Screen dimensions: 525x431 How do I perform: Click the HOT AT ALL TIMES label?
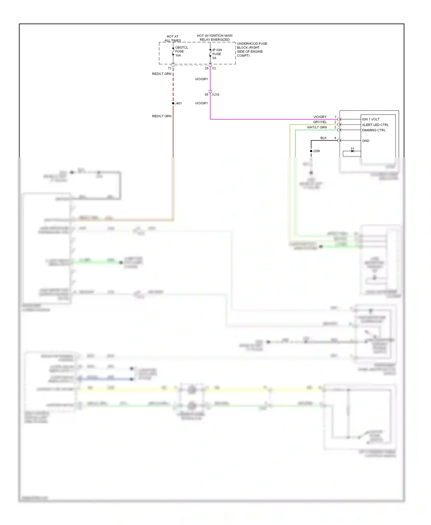point(173,38)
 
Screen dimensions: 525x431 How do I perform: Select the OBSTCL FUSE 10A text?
point(181,51)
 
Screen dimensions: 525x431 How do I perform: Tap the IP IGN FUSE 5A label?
point(217,54)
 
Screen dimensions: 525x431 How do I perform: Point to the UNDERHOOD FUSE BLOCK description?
point(251,49)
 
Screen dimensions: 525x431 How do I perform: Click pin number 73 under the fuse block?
point(169,68)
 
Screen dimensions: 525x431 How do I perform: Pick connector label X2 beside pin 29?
point(214,68)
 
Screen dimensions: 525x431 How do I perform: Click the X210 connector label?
point(215,94)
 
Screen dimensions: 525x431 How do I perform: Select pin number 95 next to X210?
point(206,94)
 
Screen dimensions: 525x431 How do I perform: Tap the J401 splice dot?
point(173,103)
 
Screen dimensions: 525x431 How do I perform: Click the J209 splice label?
point(316,151)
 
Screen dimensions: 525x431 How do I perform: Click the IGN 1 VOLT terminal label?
point(371,119)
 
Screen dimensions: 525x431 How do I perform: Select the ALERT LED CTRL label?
point(375,125)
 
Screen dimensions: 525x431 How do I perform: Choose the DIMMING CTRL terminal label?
point(374,130)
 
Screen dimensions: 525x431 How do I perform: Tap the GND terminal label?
point(365,141)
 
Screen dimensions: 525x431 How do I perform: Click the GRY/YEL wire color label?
point(320,122)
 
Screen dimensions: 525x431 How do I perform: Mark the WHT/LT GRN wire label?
point(317,127)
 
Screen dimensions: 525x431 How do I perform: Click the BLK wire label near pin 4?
point(323,138)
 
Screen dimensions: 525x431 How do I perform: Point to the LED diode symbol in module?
point(352,150)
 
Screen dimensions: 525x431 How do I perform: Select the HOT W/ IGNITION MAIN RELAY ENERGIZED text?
point(215,38)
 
